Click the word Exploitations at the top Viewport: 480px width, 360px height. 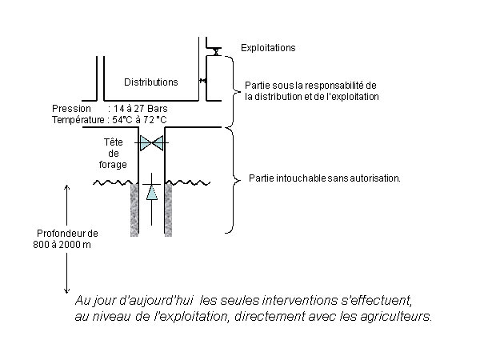(268, 48)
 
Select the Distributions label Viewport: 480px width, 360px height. (151, 82)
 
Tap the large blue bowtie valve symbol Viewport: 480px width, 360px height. (151, 143)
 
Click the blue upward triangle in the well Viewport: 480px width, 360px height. (152, 193)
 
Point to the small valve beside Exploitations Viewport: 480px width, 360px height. (217, 51)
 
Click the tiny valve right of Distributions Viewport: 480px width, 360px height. (202, 81)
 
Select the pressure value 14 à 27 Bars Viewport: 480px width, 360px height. (141, 109)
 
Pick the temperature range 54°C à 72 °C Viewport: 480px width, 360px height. (139, 120)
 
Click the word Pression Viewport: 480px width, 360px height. (71, 109)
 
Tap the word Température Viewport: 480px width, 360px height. (78, 120)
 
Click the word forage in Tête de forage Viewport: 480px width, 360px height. (113, 165)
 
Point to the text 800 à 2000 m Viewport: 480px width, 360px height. (62, 245)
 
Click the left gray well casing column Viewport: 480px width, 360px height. (134, 210)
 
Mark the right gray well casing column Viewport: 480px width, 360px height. (168, 210)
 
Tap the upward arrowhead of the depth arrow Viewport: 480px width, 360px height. (66, 186)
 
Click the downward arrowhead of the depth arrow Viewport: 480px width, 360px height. (66, 292)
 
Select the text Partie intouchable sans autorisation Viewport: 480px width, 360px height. (325, 178)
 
